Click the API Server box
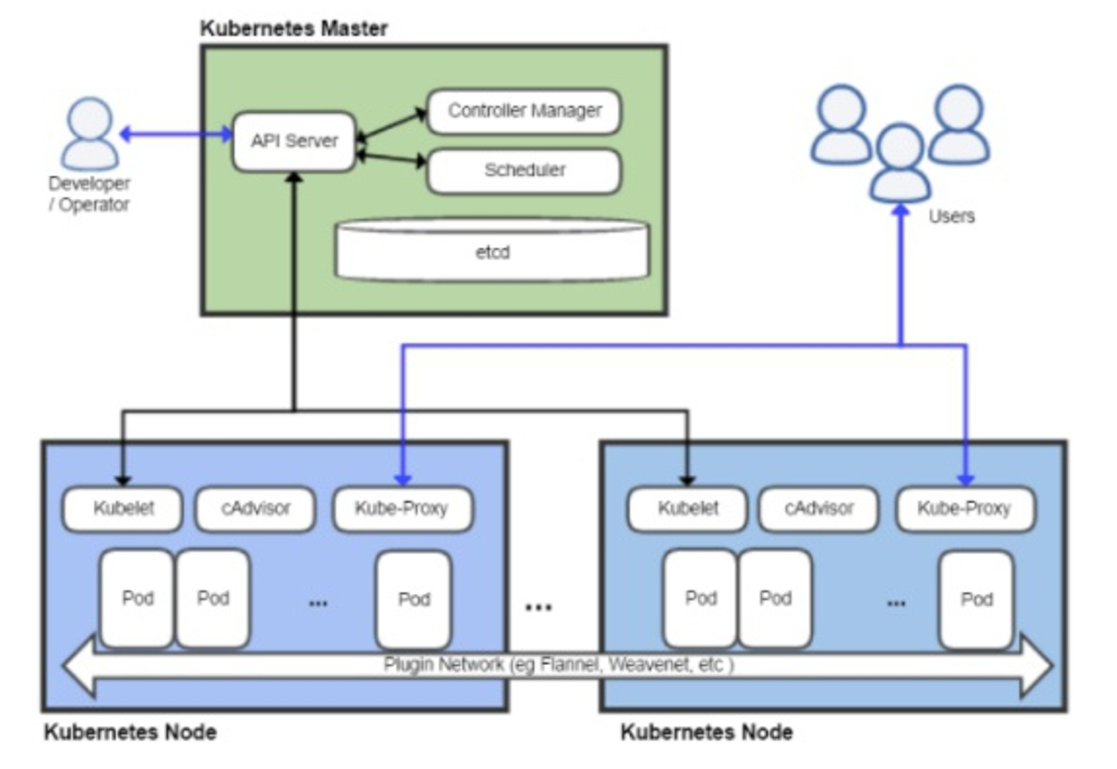coord(294,141)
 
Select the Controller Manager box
coord(524,111)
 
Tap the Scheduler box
coord(524,171)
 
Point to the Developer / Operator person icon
coord(90,134)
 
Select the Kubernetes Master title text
coord(294,29)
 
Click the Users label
coord(952,216)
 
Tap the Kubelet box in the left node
coord(122,509)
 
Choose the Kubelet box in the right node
coord(687,509)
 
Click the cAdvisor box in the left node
coord(255,509)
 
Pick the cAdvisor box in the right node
coord(819,509)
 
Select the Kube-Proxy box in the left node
coord(403,509)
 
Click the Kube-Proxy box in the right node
coord(965,509)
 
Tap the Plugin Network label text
coord(558,665)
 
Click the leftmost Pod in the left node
coord(137,598)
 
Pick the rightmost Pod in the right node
coord(976,600)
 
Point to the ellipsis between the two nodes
coord(539,607)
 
